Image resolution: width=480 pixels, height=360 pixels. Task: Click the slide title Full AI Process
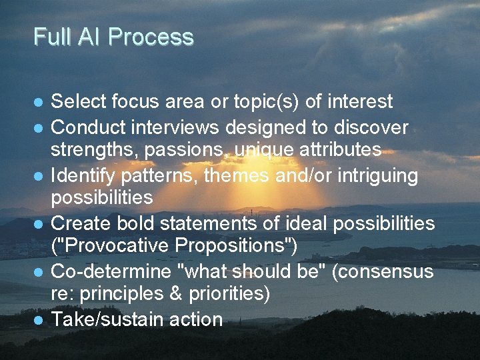click(113, 37)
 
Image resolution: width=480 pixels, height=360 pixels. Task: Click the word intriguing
click(377, 175)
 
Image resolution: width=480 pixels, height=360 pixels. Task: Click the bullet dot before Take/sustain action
click(39, 320)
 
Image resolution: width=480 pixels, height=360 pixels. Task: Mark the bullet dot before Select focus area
click(39, 103)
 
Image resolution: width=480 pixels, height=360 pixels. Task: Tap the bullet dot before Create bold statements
click(39, 224)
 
